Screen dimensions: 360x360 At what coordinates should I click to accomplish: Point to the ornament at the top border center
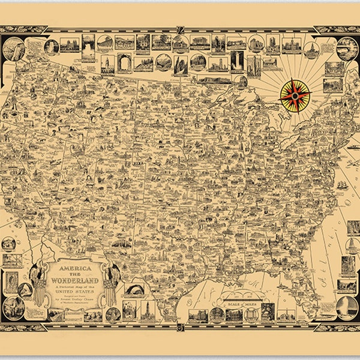(180, 28)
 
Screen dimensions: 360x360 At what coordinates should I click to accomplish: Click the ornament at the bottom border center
(180, 327)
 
